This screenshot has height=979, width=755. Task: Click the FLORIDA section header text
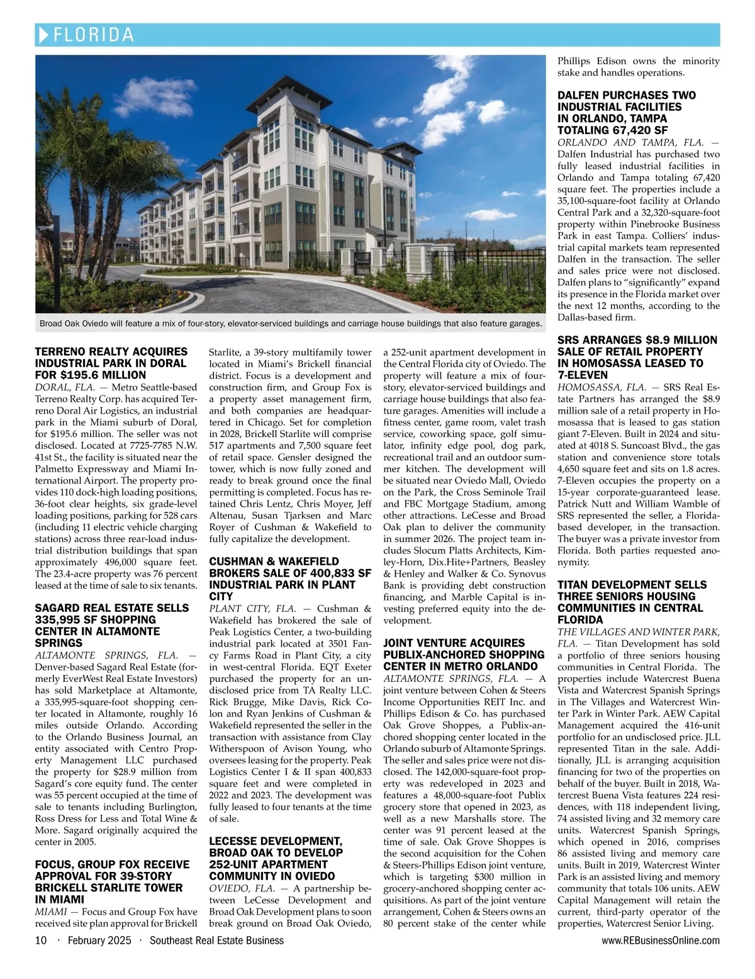coord(94,35)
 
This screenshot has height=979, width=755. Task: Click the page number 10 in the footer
coord(41,940)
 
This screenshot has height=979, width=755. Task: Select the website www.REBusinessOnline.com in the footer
coord(661,940)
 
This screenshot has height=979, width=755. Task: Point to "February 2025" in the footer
coord(99,940)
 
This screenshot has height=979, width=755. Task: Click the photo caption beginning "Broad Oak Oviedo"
coord(291,324)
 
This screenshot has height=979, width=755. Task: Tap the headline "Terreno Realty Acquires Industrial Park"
coord(111,363)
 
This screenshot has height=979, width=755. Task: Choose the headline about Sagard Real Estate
coord(112,625)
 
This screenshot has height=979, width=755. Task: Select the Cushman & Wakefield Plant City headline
coord(290,579)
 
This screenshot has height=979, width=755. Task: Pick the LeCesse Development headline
coord(276,859)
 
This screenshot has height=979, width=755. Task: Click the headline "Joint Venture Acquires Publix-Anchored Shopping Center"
coord(463,654)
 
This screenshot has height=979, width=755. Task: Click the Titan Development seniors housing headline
coord(632,603)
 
